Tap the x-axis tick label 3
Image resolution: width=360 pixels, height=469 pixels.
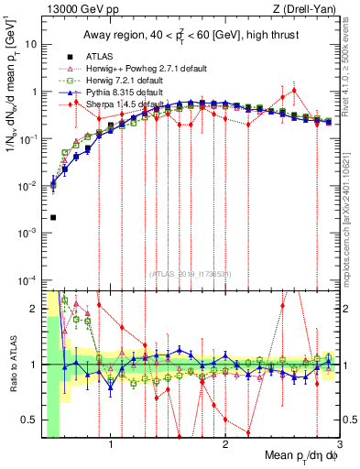click(x=339, y=445)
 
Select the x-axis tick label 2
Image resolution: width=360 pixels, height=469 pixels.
click(x=224, y=445)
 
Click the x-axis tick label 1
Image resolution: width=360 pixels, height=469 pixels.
click(x=111, y=445)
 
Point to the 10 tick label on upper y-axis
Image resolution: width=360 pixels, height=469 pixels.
click(x=31, y=44)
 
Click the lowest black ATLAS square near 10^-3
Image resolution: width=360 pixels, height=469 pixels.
click(x=53, y=218)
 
